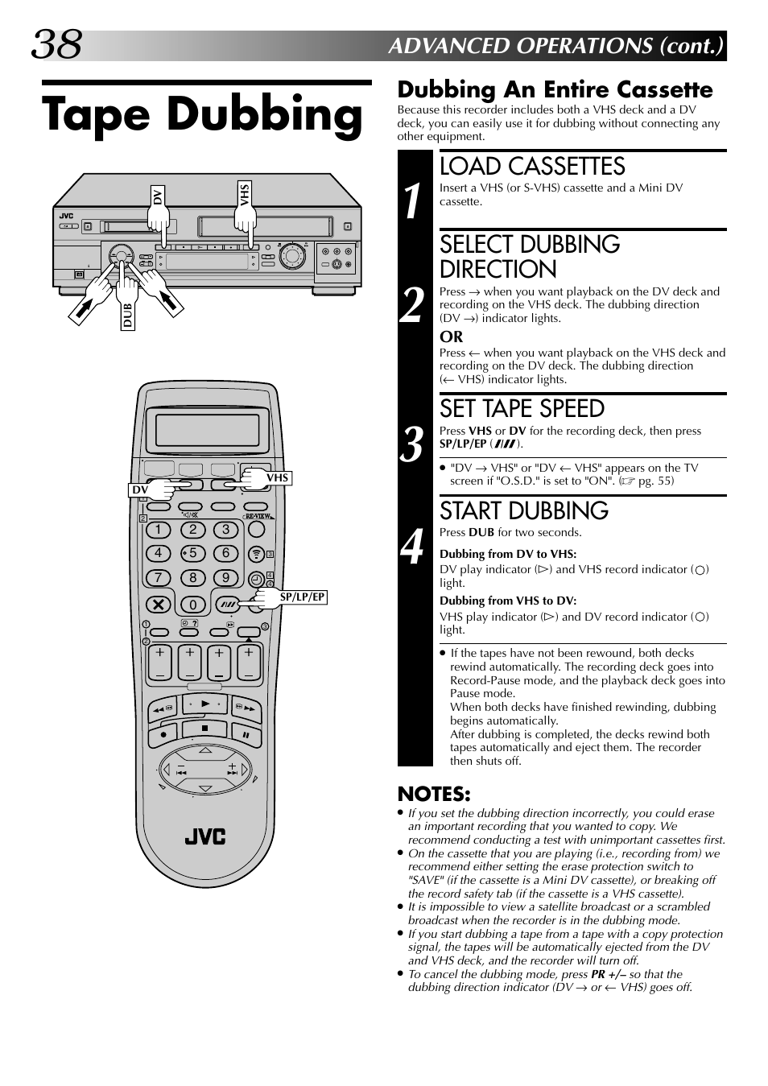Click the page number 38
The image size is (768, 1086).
(x=56, y=44)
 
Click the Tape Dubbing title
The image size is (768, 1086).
(x=203, y=115)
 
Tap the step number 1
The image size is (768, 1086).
(x=412, y=200)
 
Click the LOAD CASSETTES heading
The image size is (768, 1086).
(x=532, y=167)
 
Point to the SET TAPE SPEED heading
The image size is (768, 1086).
(x=522, y=409)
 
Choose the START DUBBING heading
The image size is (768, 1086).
(x=523, y=511)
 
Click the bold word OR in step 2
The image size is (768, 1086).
(x=451, y=337)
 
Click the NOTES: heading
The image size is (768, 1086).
(x=434, y=794)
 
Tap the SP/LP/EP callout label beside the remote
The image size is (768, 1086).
(x=302, y=597)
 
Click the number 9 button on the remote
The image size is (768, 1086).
(x=226, y=577)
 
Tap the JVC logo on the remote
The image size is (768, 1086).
(x=205, y=836)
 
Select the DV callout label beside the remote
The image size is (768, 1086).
(x=140, y=489)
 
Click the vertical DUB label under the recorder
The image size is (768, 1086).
(x=127, y=314)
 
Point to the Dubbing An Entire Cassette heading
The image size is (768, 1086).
(x=555, y=89)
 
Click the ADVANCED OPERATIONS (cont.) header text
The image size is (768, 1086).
(x=555, y=46)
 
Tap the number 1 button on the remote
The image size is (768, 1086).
(x=159, y=530)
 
